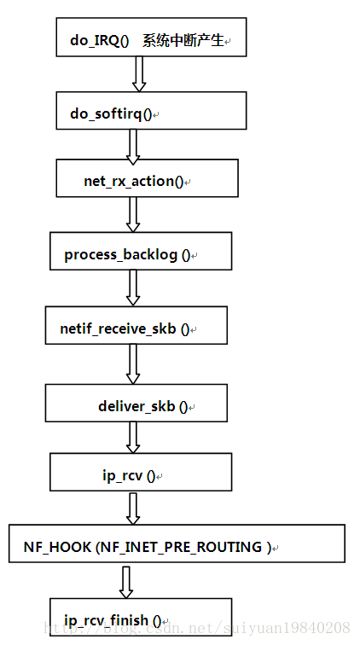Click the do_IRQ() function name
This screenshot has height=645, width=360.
(x=100, y=41)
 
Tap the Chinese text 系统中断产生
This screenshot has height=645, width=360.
(x=183, y=40)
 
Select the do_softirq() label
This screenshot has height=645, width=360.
(x=111, y=113)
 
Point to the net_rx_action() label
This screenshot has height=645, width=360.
(x=134, y=181)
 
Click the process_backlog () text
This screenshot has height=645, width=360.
(x=128, y=254)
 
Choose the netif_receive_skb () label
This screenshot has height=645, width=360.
(x=125, y=328)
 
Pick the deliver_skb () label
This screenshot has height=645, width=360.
(x=143, y=406)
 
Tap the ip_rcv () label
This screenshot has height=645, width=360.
(x=129, y=476)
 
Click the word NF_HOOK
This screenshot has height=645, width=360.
(x=57, y=547)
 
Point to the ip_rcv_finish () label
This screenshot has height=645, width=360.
(x=113, y=620)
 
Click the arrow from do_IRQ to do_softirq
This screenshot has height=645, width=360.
(x=139, y=74)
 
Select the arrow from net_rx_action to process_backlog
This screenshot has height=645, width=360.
(x=133, y=214)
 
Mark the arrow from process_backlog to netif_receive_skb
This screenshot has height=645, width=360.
(x=133, y=288)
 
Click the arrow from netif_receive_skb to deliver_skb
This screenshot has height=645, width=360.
(x=133, y=364)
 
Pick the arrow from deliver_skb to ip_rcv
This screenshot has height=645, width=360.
(x=133, y=438)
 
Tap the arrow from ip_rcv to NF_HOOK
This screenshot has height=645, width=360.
(x=133, y=508)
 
